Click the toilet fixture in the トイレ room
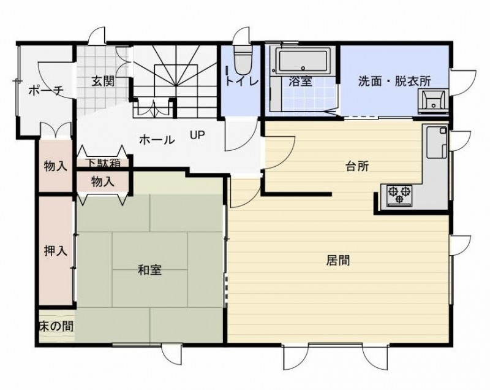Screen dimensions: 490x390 [243, 59]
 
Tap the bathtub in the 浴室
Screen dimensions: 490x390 [303, 60]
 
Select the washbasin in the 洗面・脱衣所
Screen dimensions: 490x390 [433, 101]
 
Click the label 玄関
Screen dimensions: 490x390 [103, 82]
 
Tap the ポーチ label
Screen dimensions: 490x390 [46, 91]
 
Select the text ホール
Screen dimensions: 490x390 [157, 140]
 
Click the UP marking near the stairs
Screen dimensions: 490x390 [197, 135]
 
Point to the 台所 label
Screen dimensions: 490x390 [357, 166]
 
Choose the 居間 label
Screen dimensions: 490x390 [338, 260]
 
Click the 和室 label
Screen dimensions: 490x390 [150, 270]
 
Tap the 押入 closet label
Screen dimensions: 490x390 [56, 251]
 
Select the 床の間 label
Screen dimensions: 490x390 [56, 326]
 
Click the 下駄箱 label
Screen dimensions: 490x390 [103, 162]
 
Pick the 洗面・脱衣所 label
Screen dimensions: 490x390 [394, 82]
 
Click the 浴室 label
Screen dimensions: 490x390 [301, 82]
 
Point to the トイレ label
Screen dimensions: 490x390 [241, 82]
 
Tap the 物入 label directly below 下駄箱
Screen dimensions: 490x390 [103, 182]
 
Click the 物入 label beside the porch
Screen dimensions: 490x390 [56, 166]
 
